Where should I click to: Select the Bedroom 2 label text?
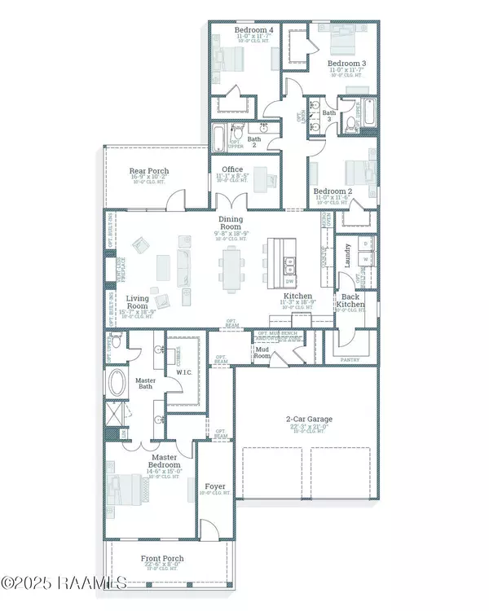tap(332, 191)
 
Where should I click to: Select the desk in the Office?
tap(260, 176)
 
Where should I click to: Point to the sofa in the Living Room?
tap(180, 265)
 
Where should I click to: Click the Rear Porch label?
tap(149, 171)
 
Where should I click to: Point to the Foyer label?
tap(215, 486)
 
